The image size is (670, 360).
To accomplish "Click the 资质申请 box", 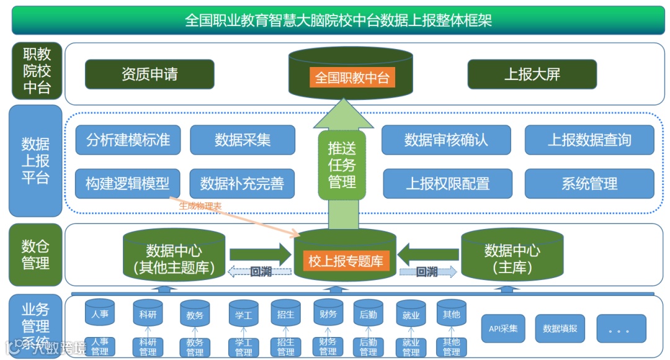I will point(150,74).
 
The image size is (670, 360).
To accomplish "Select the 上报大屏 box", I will point(532,74).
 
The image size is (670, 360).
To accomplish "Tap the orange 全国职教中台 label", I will point(352,78).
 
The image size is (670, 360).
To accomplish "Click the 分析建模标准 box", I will point(128,140).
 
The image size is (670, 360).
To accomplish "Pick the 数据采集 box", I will point(243,140).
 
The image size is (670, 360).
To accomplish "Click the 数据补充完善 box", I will point(242,183).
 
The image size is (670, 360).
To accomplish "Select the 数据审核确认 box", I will point(446,140).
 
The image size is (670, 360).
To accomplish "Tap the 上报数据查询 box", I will point(589,140).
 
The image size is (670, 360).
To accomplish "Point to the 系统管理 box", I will point(589,184).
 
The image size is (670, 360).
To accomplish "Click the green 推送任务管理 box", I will point(342,164).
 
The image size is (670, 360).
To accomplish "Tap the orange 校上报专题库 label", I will point(346,261).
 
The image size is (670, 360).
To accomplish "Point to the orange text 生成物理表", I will point(200,206).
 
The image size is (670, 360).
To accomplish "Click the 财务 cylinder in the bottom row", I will point(328,315).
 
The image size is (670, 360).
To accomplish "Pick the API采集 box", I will point(503,328).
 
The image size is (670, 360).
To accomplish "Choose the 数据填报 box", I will point(560,328).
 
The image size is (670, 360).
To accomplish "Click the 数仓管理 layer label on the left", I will point(36,254).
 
